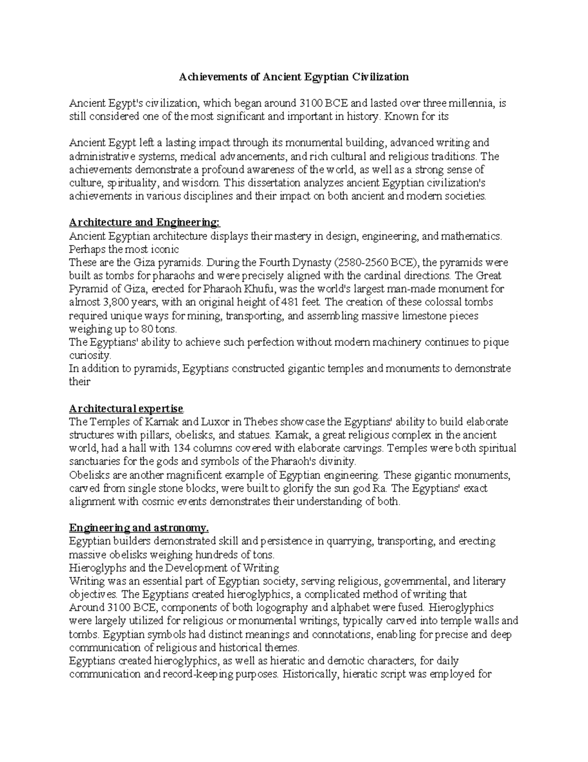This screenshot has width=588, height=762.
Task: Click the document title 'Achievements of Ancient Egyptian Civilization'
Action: point(293,77)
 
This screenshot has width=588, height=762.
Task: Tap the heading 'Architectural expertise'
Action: point(126,409)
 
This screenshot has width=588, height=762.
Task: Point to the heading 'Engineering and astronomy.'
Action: point(139,528)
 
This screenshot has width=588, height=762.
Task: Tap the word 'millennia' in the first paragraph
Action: point(469,104)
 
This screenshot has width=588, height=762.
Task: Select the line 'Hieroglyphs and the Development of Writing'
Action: point(174,568)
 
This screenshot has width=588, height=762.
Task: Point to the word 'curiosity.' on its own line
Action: point(91,355)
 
